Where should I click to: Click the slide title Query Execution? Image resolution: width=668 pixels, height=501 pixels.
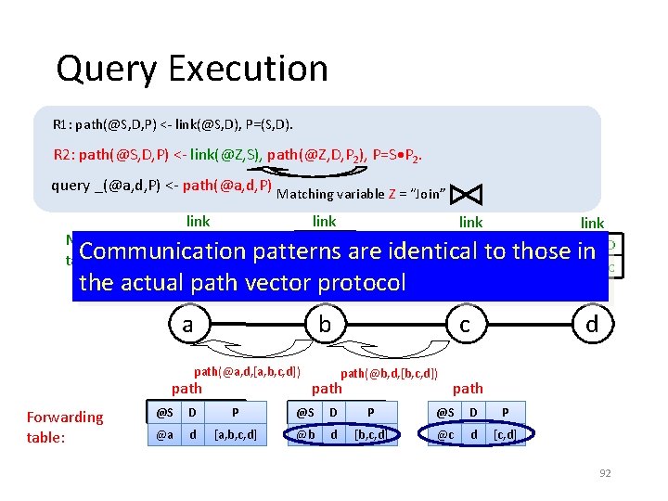pos(191,69)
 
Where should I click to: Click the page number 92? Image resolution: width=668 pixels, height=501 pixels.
pos(605,473)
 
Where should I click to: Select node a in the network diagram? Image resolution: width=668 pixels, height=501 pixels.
pos(187,325)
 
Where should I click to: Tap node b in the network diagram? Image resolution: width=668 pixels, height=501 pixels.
pos(325,325)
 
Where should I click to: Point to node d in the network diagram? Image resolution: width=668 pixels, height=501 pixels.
pos(591,325)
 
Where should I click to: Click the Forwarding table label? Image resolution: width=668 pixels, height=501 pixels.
pos(65,426)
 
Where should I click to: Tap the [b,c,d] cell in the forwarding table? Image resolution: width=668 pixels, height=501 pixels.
pos(371,433)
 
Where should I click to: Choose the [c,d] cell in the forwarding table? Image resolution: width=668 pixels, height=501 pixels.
pos(505,433)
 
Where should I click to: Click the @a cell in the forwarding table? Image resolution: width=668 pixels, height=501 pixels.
pos(162,433)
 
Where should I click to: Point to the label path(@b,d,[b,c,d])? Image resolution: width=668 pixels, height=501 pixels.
pos(390,373)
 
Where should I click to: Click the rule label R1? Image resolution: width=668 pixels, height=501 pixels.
pos(65,124)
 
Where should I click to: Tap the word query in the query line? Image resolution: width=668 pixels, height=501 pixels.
pos(71,185)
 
